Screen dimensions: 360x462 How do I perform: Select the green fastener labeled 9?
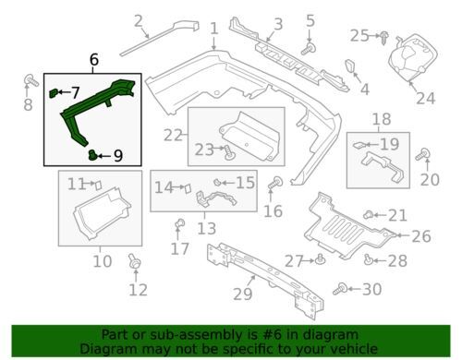coord(95,155)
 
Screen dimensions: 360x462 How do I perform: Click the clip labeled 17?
coord(180,224)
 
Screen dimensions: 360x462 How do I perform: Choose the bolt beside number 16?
coord(273,189)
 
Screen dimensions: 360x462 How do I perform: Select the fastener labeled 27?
coord(319,259)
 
